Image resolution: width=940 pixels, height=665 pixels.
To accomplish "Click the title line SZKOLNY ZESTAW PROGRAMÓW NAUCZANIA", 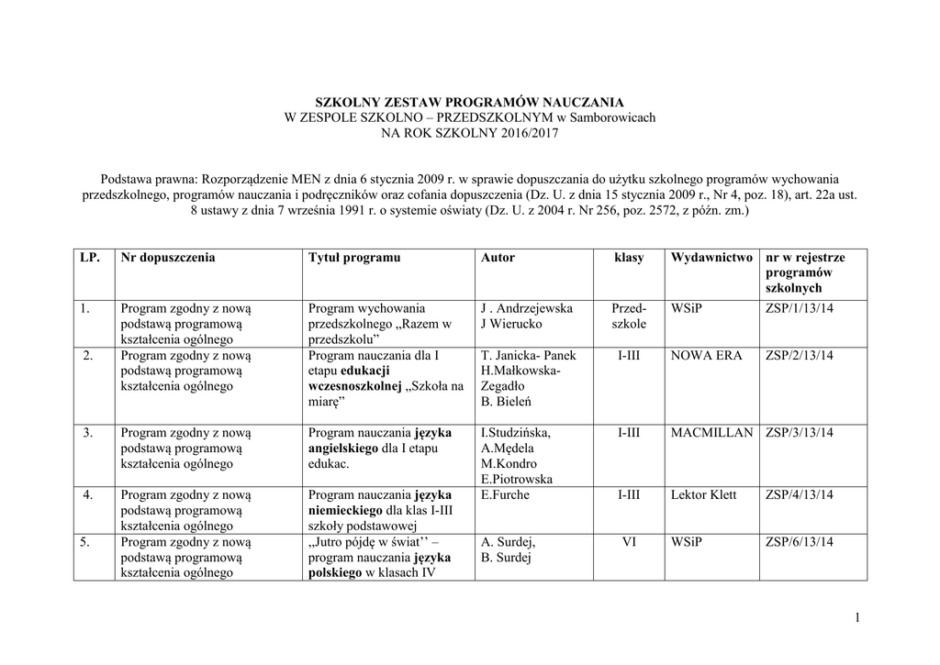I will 469,102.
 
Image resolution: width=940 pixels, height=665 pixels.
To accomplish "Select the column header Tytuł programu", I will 354,258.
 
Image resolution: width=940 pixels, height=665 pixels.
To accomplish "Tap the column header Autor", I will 498,258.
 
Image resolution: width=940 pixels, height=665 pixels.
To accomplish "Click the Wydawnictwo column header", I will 711,258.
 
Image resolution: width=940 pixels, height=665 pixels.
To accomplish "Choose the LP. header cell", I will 89,258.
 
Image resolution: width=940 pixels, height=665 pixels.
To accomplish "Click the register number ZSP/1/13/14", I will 799,309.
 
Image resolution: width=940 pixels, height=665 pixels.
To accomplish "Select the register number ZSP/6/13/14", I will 799,542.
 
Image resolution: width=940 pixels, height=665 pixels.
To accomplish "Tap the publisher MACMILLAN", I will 711,432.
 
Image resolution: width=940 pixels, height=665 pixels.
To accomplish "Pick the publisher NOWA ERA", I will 706,355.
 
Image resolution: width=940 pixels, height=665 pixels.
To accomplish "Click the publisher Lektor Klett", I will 703,495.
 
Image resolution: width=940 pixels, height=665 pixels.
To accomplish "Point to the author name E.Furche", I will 505,495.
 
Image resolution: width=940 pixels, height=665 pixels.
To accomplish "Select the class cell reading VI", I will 629,542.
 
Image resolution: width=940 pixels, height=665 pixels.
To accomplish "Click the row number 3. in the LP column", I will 85,432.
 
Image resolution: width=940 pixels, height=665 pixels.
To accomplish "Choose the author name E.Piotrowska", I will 517,479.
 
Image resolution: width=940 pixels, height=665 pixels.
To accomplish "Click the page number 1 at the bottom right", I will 856,619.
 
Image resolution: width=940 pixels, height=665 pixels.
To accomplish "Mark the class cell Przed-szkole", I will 629,316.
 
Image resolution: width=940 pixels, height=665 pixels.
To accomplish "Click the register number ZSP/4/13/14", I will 799,495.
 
